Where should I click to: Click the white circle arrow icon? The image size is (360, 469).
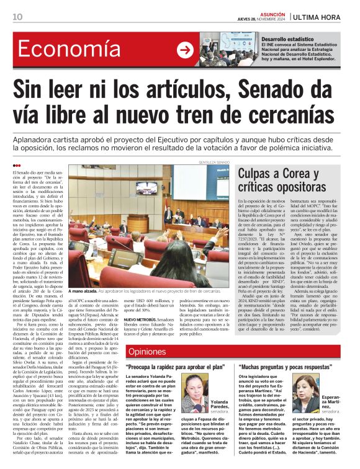coord(184,51)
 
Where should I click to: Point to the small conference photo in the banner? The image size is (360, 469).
coord(217,51)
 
